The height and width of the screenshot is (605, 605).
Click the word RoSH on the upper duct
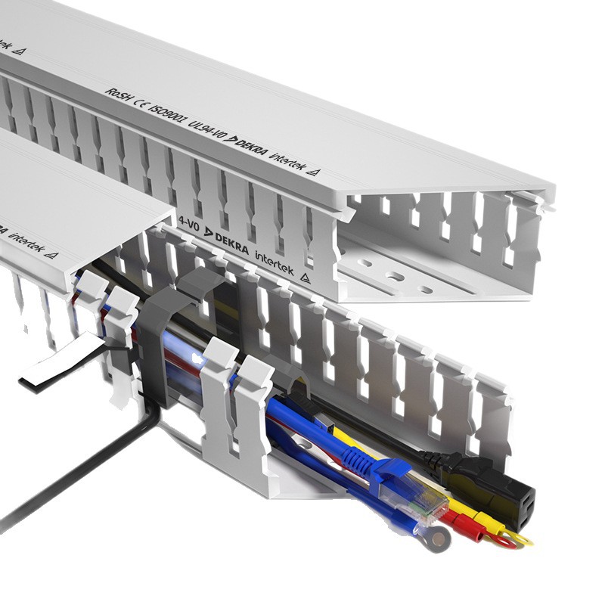116,94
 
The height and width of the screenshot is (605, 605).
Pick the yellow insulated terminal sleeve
484,522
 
